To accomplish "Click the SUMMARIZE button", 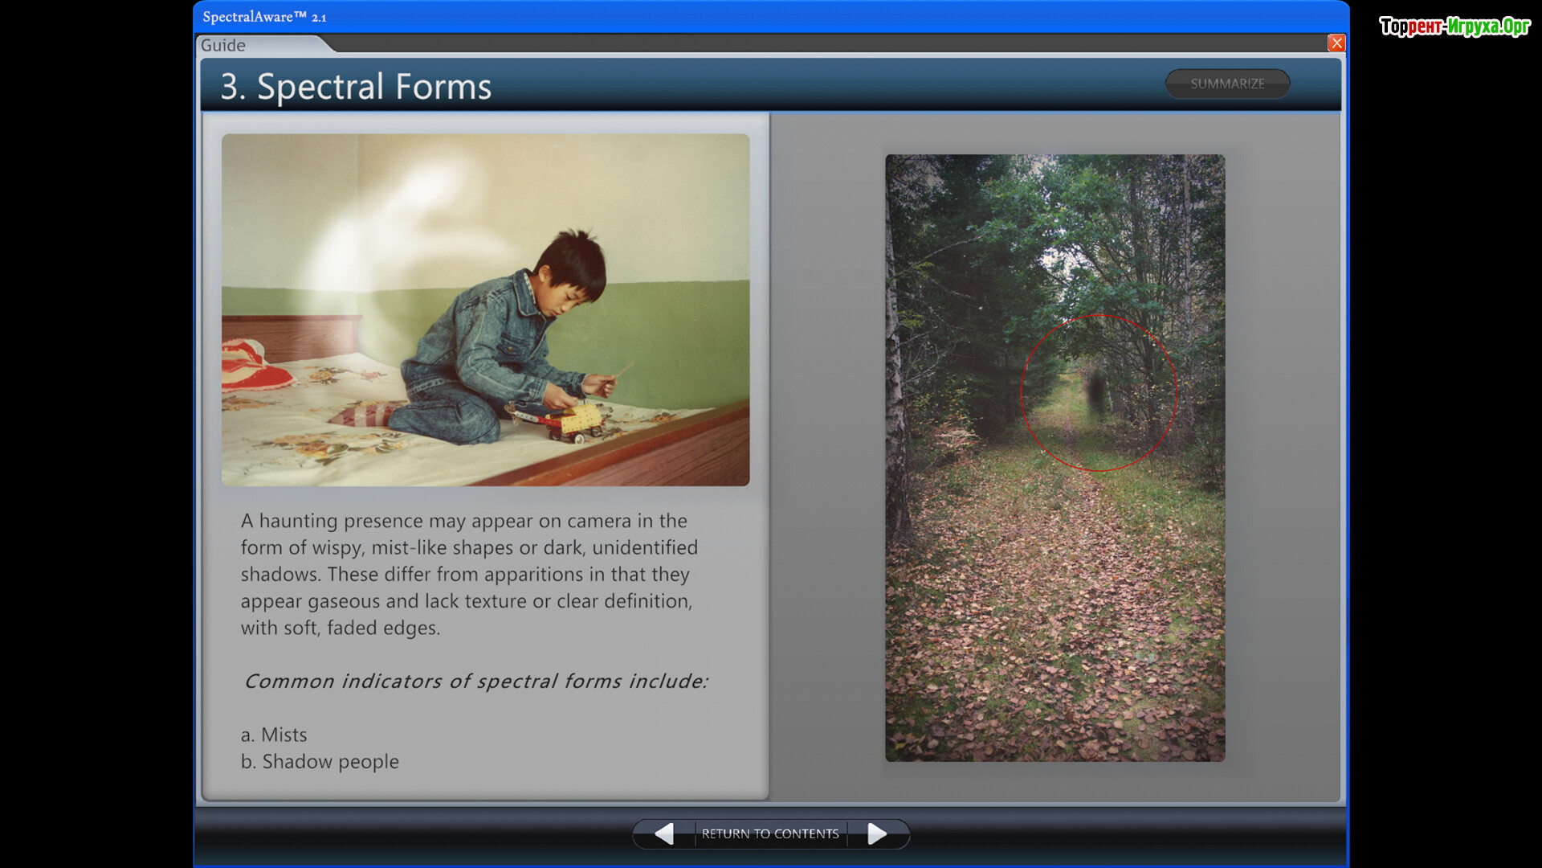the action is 1227,84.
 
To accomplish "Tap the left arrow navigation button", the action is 664,834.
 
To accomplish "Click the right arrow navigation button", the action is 877,834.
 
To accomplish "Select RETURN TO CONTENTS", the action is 770,834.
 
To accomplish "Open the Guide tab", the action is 223,45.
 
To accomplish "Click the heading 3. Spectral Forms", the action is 356,87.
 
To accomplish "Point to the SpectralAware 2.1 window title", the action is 264,17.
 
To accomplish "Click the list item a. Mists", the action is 274,735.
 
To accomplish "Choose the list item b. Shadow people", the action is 320,761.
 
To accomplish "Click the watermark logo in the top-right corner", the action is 1454,27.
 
